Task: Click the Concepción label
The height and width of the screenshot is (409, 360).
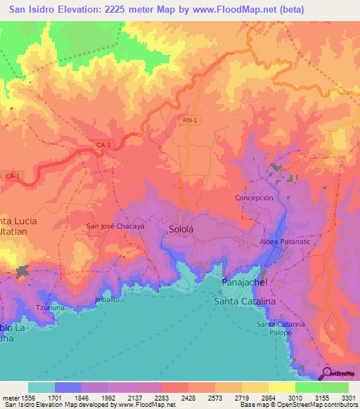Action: click(253, 198)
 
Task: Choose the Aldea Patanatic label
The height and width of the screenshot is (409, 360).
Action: click(285, 241)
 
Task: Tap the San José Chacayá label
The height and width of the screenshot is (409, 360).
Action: click(115, 226)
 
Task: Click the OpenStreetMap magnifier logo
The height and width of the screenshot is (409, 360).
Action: click(327, 373)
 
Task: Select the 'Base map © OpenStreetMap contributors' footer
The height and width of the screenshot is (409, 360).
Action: click(297, 405)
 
